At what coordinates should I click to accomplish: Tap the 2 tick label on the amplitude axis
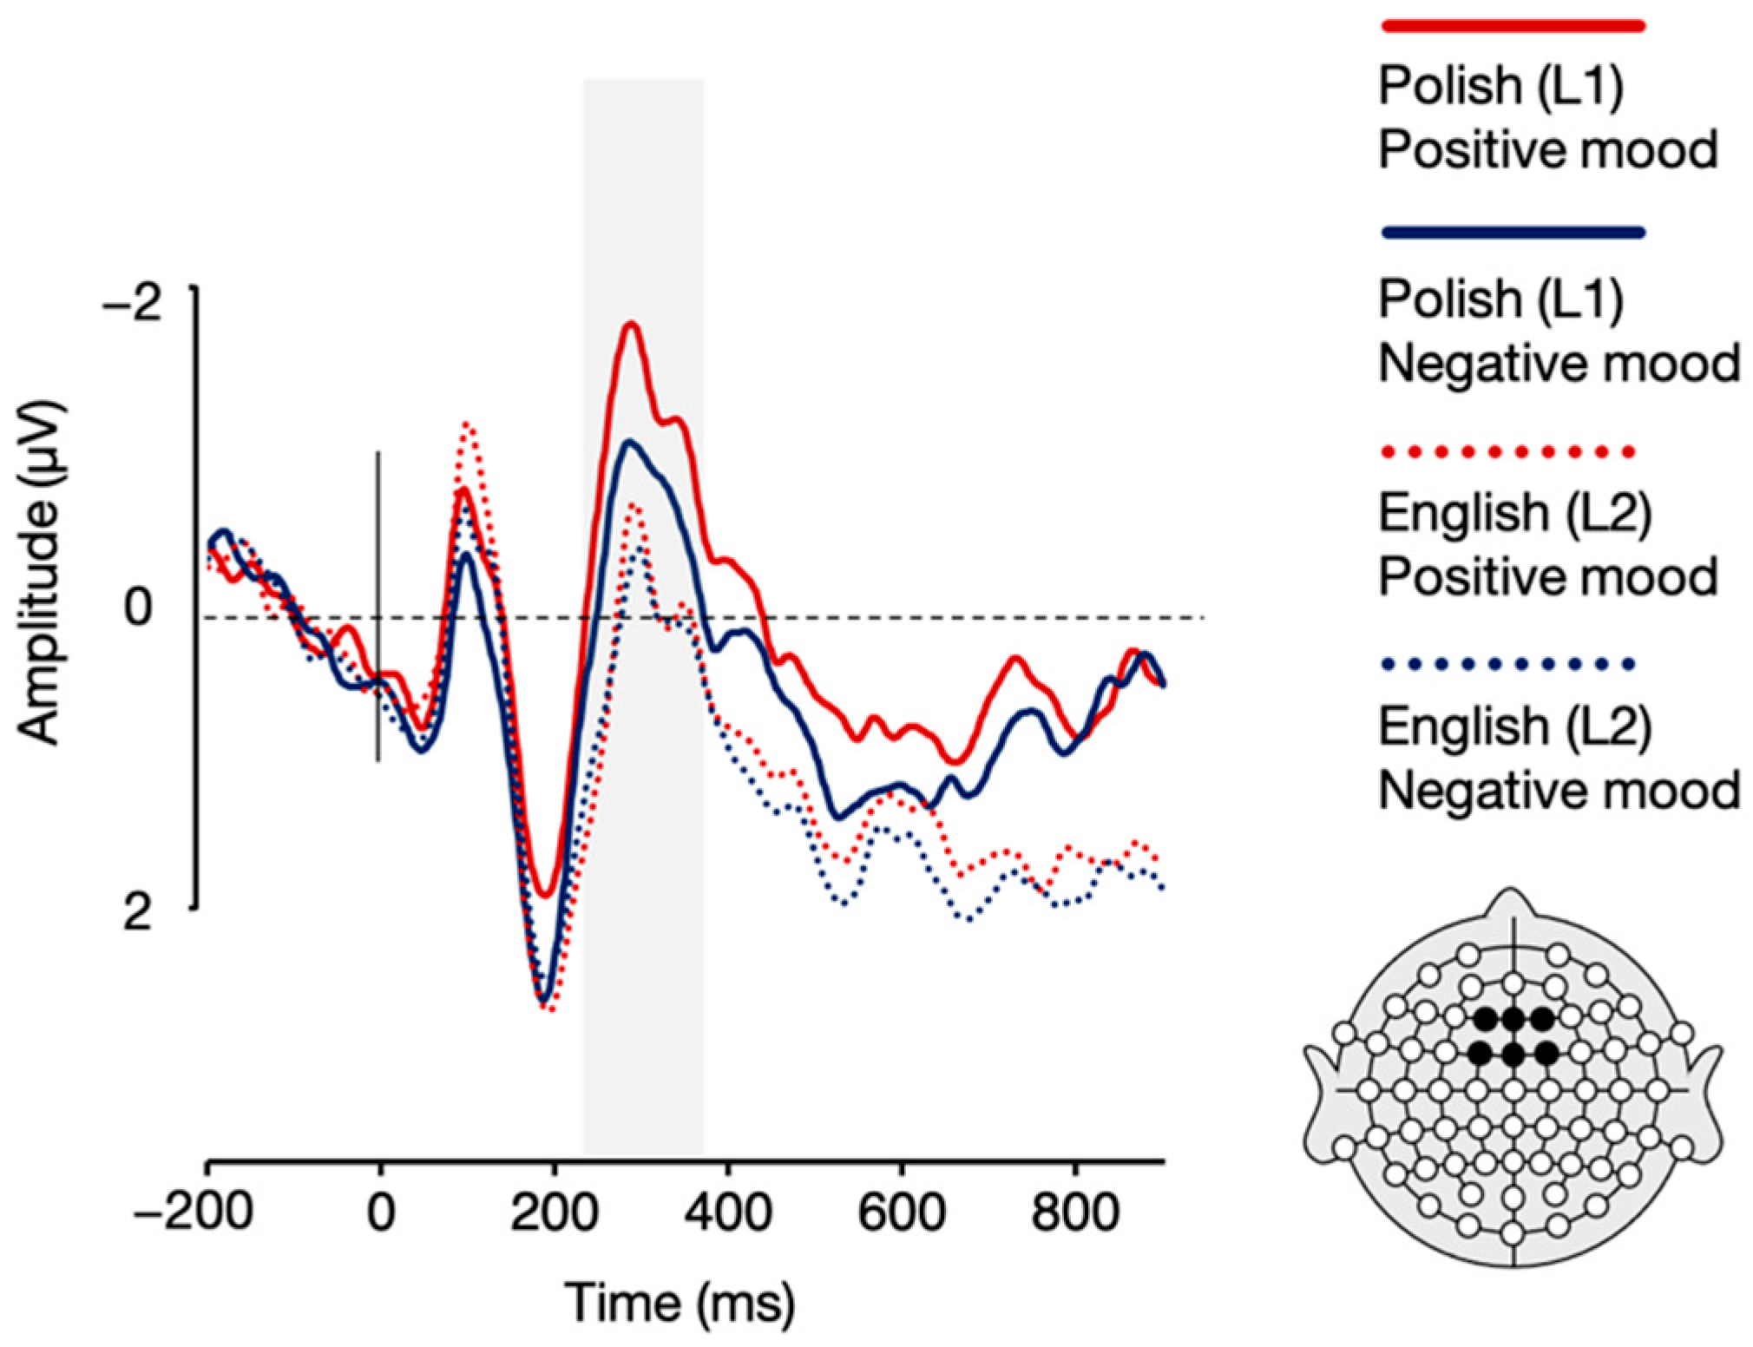pyautogui.click(x=139, y=914)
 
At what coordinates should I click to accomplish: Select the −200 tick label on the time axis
pyautogui.click(x=193, y=1213)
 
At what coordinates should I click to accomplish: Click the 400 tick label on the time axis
pyautogui.click(x=727, y=1213)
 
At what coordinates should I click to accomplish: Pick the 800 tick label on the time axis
pyautogui.click(x=1075, y=1213)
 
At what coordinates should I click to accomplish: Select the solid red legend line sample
pyautogui.click(x=1512, y=26)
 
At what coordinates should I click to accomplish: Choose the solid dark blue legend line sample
pyautogui.click(x=1512, y=232)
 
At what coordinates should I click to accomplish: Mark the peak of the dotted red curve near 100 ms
pyautogui.click(x=468, y=425)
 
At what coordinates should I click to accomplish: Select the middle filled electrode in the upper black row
pyautogui.click(x=1513, y=1018)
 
